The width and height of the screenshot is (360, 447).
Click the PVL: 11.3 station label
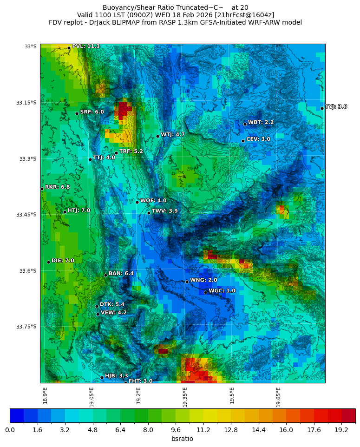click(85, 46)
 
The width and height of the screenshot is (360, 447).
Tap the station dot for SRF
click(77, 113)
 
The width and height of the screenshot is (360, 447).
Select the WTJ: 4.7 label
click(173, 135)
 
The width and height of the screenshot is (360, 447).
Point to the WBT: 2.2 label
click(261, 123)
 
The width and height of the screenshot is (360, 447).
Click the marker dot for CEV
click(243, 141)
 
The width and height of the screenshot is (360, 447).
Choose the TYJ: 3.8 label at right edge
click(336, 107)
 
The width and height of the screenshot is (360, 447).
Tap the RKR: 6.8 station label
click(57, 187)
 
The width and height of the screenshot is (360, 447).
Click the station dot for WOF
click(137, 202)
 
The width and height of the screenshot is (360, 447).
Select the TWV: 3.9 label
click(164, 211)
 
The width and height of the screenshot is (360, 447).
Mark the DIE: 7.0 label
click(63, 261)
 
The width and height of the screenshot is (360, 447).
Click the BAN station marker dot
click(105, 275)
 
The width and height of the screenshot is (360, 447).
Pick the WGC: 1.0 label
click(222, 291)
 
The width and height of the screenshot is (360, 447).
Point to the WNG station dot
click(187, 282)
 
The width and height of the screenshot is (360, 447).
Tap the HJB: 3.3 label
click(116, 376)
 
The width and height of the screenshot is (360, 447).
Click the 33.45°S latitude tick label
click(27, 215)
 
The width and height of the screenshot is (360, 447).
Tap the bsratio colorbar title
click(182, 439)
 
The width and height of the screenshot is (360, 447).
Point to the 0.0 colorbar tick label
click(10, 430)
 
